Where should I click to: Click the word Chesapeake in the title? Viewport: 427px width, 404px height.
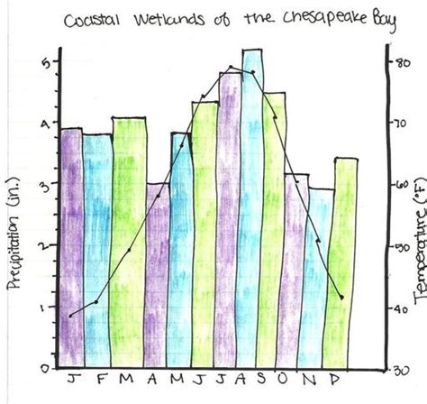coord(316,20)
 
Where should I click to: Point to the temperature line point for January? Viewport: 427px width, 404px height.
coord(70,315)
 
